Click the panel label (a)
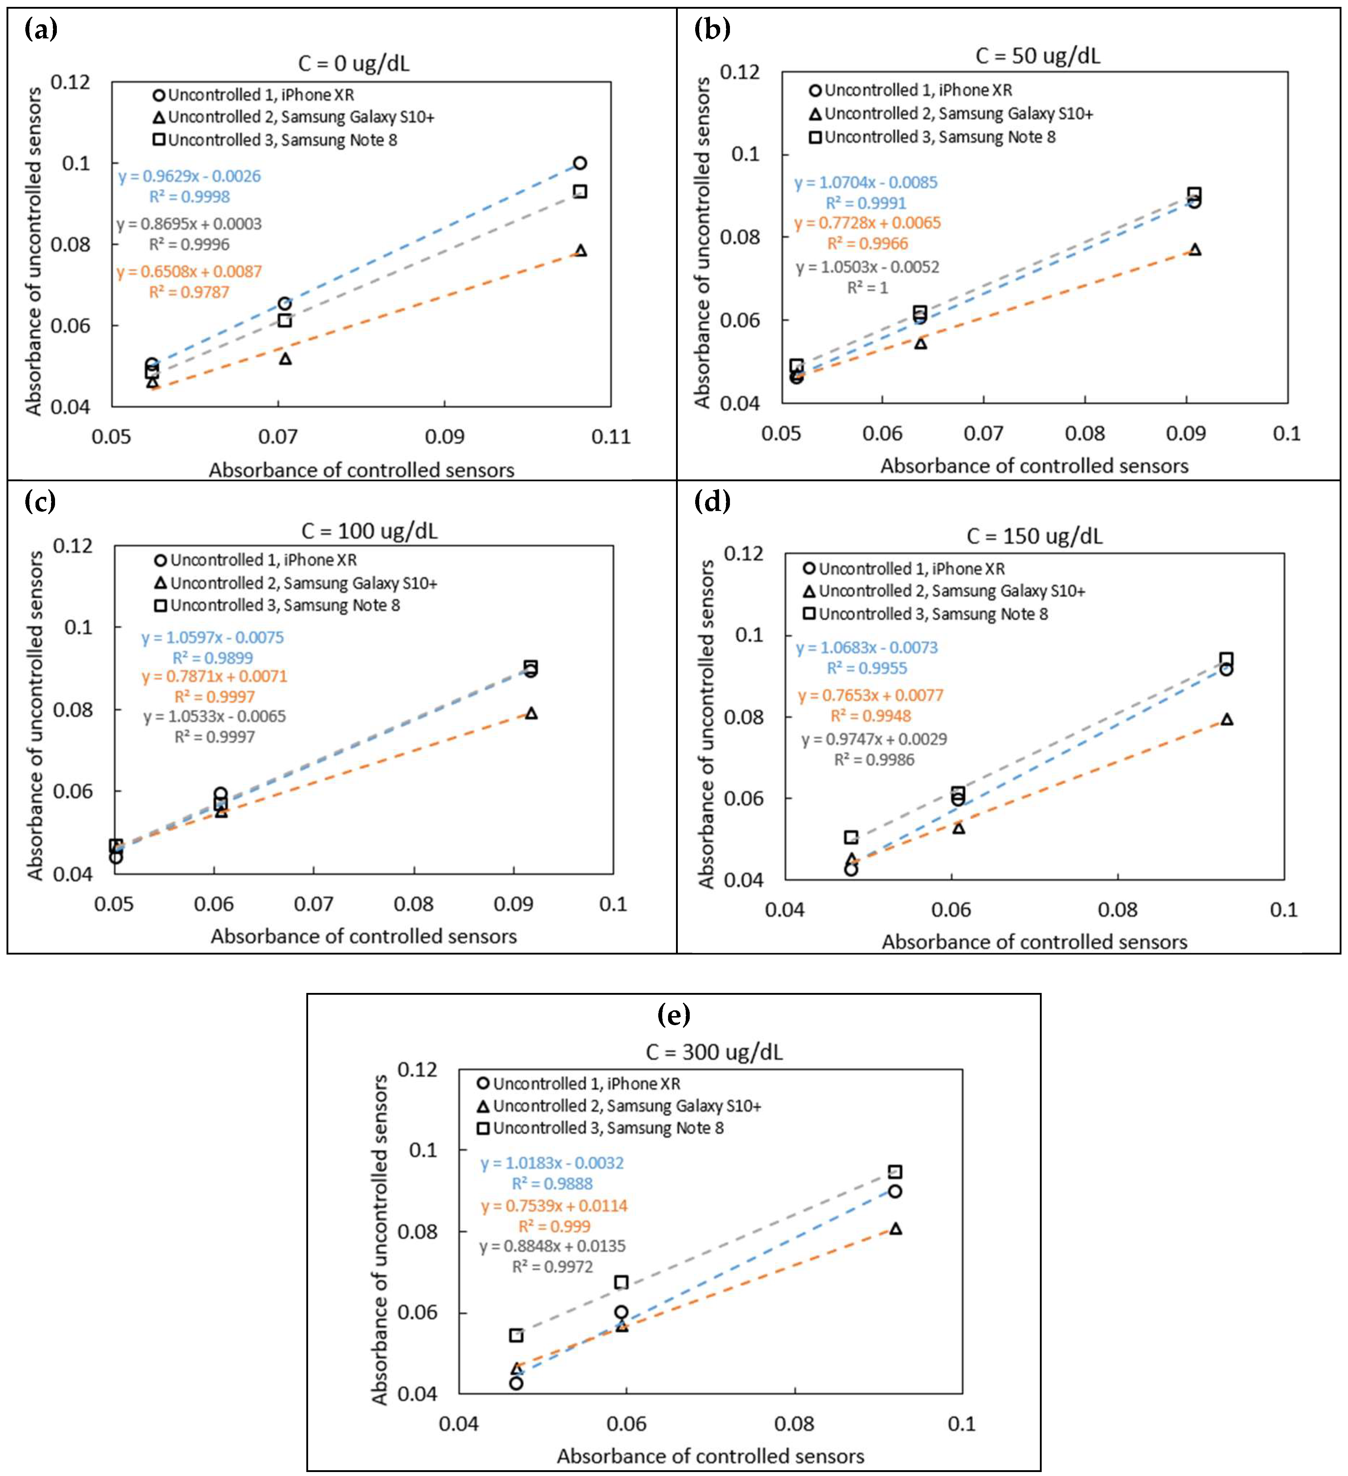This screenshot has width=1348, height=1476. [x=41, y=30]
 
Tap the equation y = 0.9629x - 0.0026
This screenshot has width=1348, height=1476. [x=190, y=176]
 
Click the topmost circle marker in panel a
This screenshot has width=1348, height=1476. [x=580, y=163]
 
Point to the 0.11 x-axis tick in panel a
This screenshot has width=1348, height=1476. [x=611, y=437]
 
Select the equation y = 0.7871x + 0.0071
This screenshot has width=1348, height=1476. [x=215, y=676]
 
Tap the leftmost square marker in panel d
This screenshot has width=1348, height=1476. [x=851, y=837]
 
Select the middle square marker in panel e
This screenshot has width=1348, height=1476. [x=621, y=1282]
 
